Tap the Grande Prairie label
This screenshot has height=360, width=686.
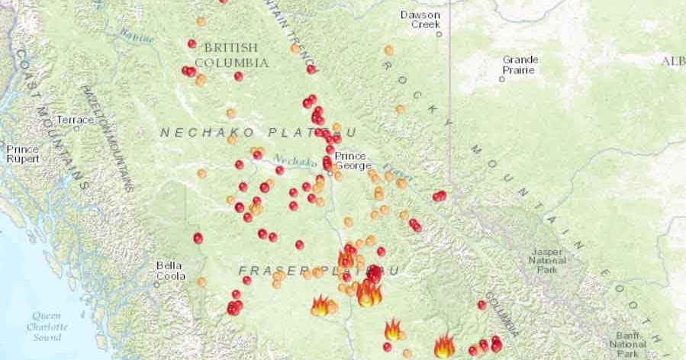click(x=520, y=65)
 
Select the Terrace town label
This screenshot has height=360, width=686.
click(x=74, y=120)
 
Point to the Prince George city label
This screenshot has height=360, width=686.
click(x=353, y=160)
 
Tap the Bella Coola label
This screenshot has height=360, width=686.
click(x=170, y=271)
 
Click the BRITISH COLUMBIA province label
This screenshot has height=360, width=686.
click(x=231, y=54)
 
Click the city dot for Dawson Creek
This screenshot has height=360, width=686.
click(x=439, y=34)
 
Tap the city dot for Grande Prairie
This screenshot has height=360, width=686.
click(x=502, y=79)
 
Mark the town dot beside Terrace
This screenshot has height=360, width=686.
click(x=77, y=128)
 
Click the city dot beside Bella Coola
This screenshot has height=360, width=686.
click(x=156, y=284)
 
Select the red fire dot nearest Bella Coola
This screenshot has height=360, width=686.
click(x=198, y=238)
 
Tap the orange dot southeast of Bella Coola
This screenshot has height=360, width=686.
click(x=201, y=281)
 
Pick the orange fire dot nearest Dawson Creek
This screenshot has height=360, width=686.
click(x=388, y=50)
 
